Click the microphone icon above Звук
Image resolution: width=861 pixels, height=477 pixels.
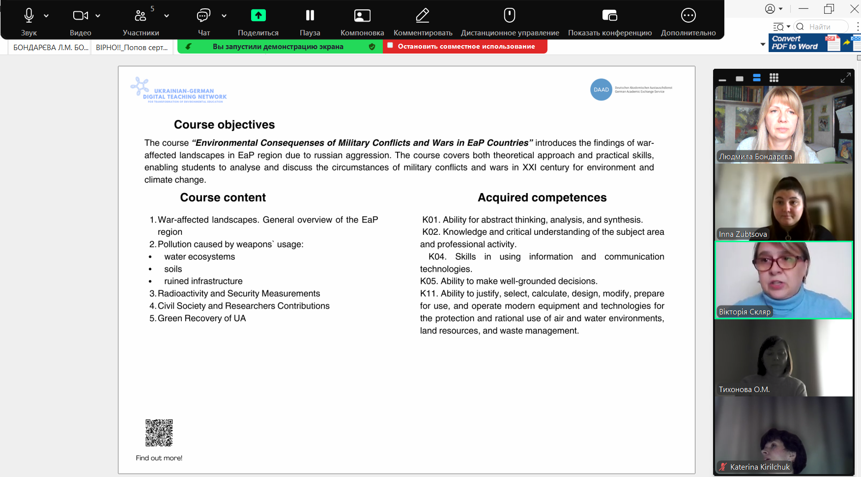(x=29, y=16)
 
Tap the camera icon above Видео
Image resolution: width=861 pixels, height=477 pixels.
(x=80, y=16)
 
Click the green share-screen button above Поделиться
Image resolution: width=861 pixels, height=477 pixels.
(x=258, y=16)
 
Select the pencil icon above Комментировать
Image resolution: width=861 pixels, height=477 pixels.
(x=423, y=16)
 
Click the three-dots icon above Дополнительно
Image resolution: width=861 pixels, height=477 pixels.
(x=688, y=16)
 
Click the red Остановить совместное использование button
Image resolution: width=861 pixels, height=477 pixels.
(x=465, y=46)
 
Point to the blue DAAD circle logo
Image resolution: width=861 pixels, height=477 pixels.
(x=601, y=89)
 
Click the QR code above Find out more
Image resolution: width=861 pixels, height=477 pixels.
(x=159, y=433)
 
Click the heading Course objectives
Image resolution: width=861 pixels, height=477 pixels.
(x=224, y=125)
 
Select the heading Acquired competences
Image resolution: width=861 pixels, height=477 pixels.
(x=542, y=197)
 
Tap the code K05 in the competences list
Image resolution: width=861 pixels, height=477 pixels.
(x=429, y=281)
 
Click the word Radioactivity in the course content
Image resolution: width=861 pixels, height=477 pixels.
(x=183, y=293)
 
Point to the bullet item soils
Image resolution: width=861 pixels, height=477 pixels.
(x=173, y=269)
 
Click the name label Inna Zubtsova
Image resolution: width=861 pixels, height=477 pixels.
(x=743, y=234)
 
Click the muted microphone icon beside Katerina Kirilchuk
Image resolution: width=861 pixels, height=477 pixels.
(x=723, y=467)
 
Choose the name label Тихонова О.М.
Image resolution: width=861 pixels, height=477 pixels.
(x=744, y=390)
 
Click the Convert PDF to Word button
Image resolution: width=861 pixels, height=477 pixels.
(x=794, y=43)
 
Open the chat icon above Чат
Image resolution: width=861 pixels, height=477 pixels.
(x=203, y=16)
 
